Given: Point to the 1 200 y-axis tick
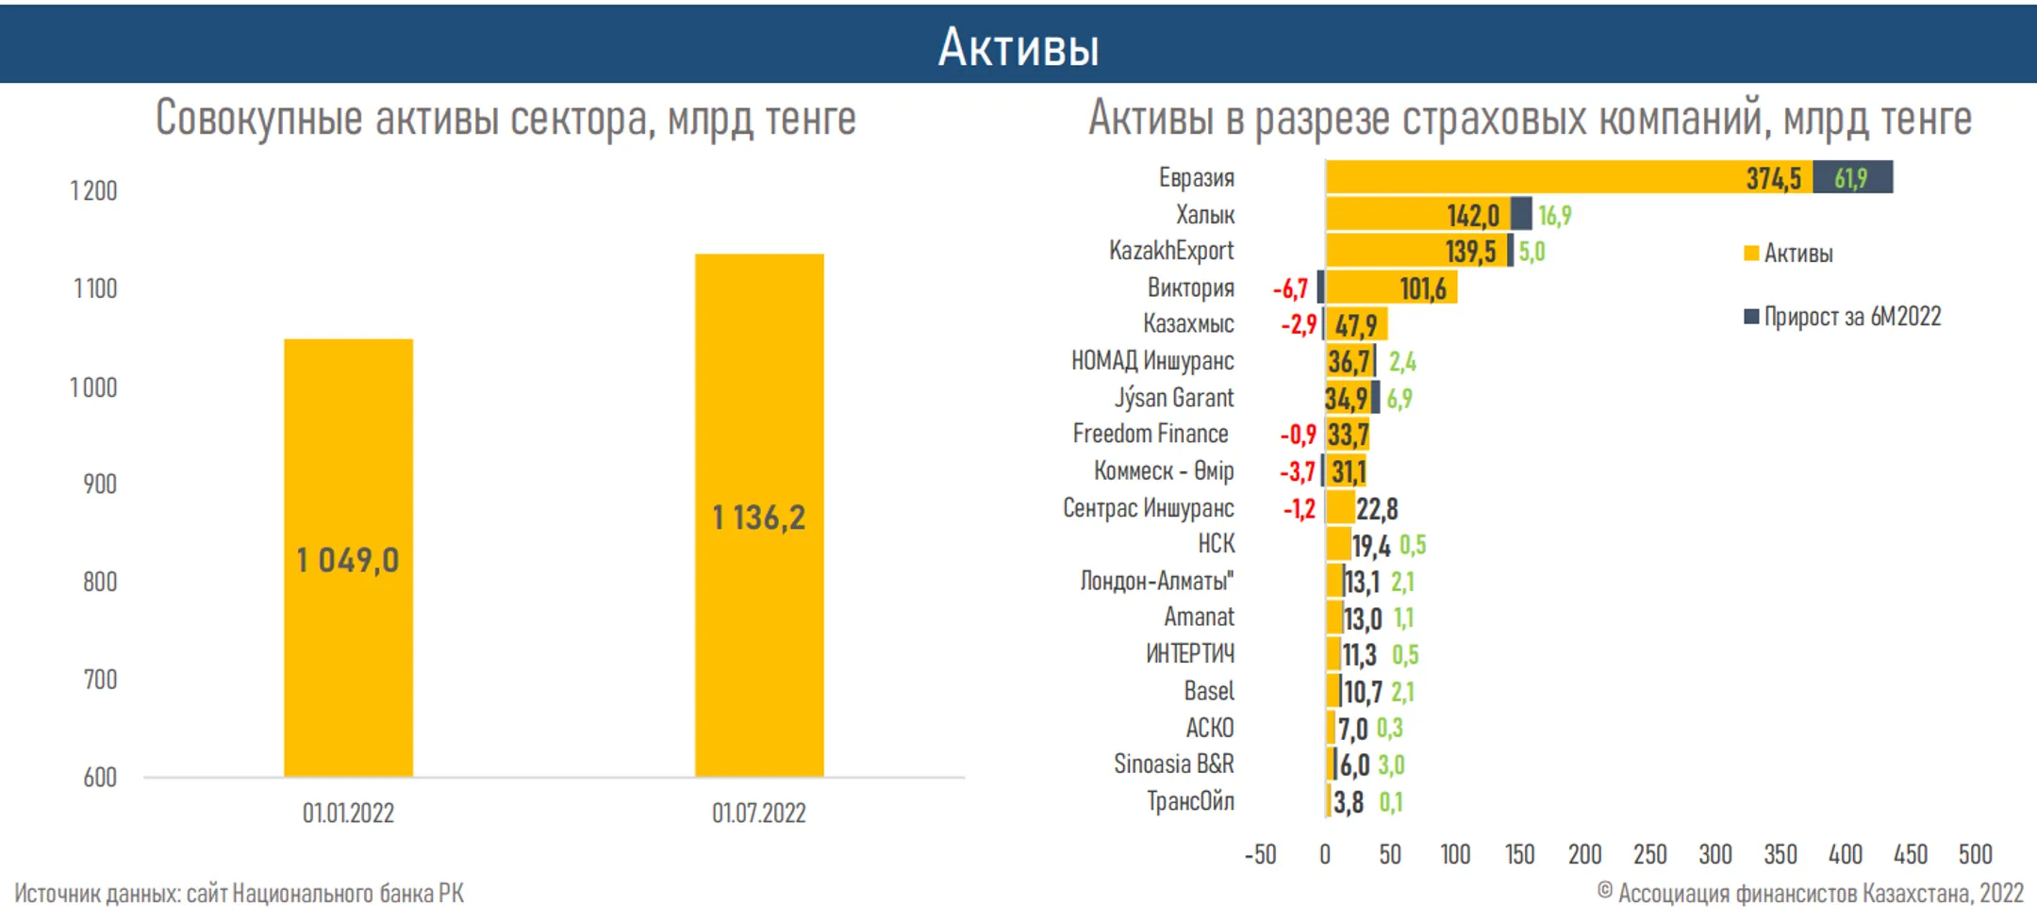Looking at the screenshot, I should (93, 191).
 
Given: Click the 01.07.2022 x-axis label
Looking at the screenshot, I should (758, 813).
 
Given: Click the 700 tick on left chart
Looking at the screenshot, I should (100, 680).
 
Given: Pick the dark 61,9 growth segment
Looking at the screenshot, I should (1852, 177).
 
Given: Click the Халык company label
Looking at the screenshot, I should (1204, 215).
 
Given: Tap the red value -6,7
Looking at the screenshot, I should (1290, 288).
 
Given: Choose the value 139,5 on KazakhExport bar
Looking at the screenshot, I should (1470, 252).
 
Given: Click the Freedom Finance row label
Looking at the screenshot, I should (1150, 434).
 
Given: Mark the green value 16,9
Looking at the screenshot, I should (1554, 216).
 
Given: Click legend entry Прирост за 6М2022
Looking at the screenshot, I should (1851, 317).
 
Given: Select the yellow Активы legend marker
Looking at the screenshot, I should (1751, 254).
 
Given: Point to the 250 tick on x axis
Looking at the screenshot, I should (1649, 854).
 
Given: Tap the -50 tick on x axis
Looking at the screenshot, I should (1260, 854).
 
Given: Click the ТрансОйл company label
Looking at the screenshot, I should (1189, 801).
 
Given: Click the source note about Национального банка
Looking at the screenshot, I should (239, 893).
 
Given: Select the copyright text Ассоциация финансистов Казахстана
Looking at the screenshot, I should (1811, 893).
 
